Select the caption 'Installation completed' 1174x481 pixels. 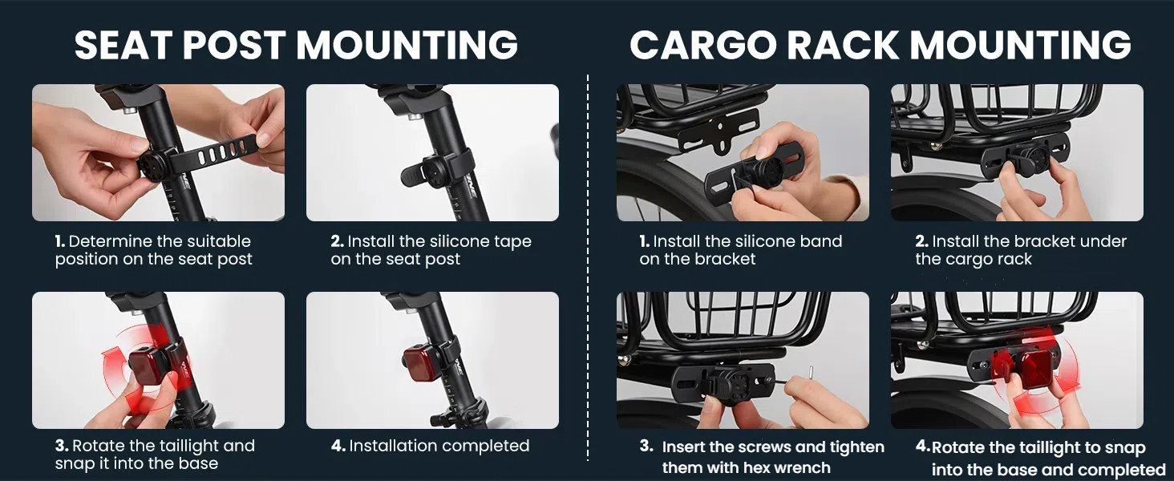point(439,446)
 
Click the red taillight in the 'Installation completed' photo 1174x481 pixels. point(420,366)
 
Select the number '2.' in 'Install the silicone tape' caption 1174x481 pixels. point(337,241)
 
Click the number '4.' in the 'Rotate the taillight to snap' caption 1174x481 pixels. point(922,447)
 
